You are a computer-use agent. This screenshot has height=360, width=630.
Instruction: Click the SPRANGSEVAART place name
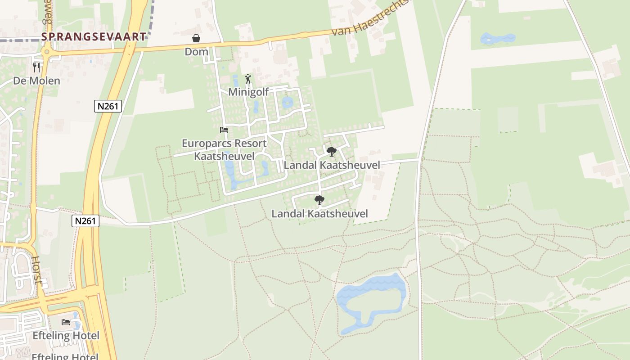tap(94, 36)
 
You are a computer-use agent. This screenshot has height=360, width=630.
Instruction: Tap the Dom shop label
tap(197, 51)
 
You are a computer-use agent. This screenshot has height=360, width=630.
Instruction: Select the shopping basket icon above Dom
tap(196, 38)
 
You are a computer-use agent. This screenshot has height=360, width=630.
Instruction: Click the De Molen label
tap(36, 81)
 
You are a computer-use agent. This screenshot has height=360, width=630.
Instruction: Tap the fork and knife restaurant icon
tap(36, 67)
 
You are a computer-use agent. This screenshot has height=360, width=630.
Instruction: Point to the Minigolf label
tap(248, 92)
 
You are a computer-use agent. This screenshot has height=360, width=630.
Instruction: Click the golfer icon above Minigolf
tap(248, 79)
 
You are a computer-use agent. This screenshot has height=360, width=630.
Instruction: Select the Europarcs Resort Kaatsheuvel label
tap(224, 149)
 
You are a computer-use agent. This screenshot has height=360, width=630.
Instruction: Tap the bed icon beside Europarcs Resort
tap(224, 130)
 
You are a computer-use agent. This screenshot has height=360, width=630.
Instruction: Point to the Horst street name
tap(37, 270)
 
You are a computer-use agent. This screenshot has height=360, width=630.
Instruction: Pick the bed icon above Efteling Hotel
tap(66, 322)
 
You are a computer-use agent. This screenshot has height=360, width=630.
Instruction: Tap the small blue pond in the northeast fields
tap(497, 39)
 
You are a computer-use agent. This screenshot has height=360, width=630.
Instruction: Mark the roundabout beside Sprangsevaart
tap(46, 52)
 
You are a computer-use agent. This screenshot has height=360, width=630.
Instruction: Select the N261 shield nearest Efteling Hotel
tap(85, 220)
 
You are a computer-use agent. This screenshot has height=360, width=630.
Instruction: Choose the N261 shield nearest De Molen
tap(108, 106)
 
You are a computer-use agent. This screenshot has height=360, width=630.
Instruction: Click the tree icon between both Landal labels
tap(319, 200)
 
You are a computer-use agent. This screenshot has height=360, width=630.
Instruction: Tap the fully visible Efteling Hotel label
tap(66, 336)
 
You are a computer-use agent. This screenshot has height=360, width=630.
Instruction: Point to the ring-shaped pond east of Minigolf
tap(287, 103)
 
